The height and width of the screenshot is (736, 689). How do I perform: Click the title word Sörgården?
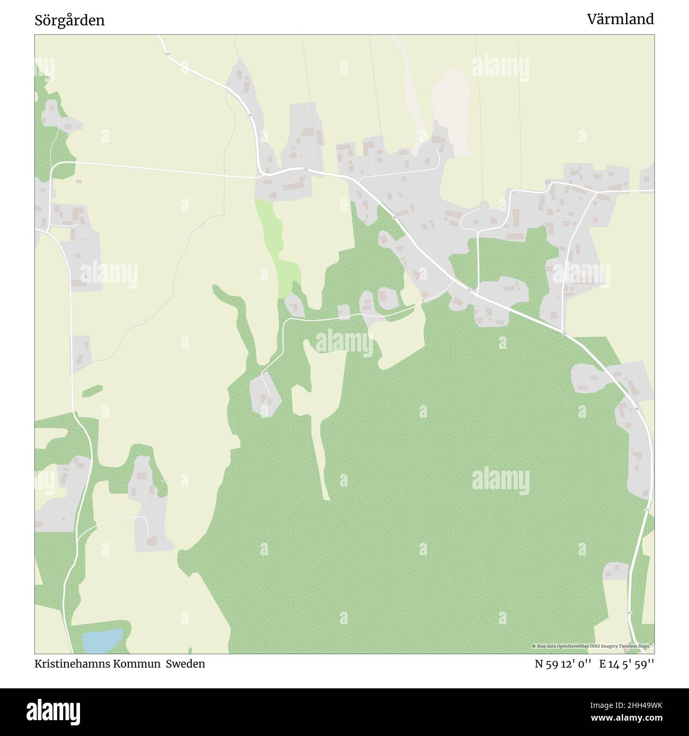click(x=69, y=21)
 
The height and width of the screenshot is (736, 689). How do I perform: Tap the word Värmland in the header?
click(x=620, y=20)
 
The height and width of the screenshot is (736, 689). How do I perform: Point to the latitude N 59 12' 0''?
click(x=563, y=663)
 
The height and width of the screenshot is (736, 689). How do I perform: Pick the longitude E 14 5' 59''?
click(x=627, y=663)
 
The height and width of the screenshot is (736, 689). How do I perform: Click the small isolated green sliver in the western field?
click(x=92, y=391)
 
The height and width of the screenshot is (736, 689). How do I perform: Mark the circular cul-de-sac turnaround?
click(x=144, y=486)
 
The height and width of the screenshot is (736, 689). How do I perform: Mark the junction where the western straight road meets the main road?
click(x=261, y=175)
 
